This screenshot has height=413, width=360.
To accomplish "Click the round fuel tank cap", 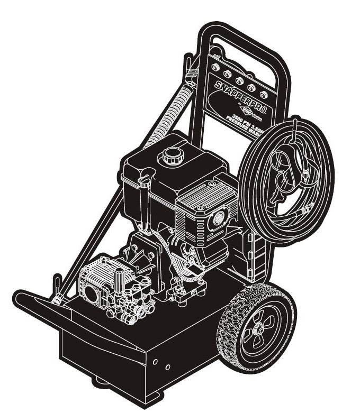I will click(172, 155).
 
